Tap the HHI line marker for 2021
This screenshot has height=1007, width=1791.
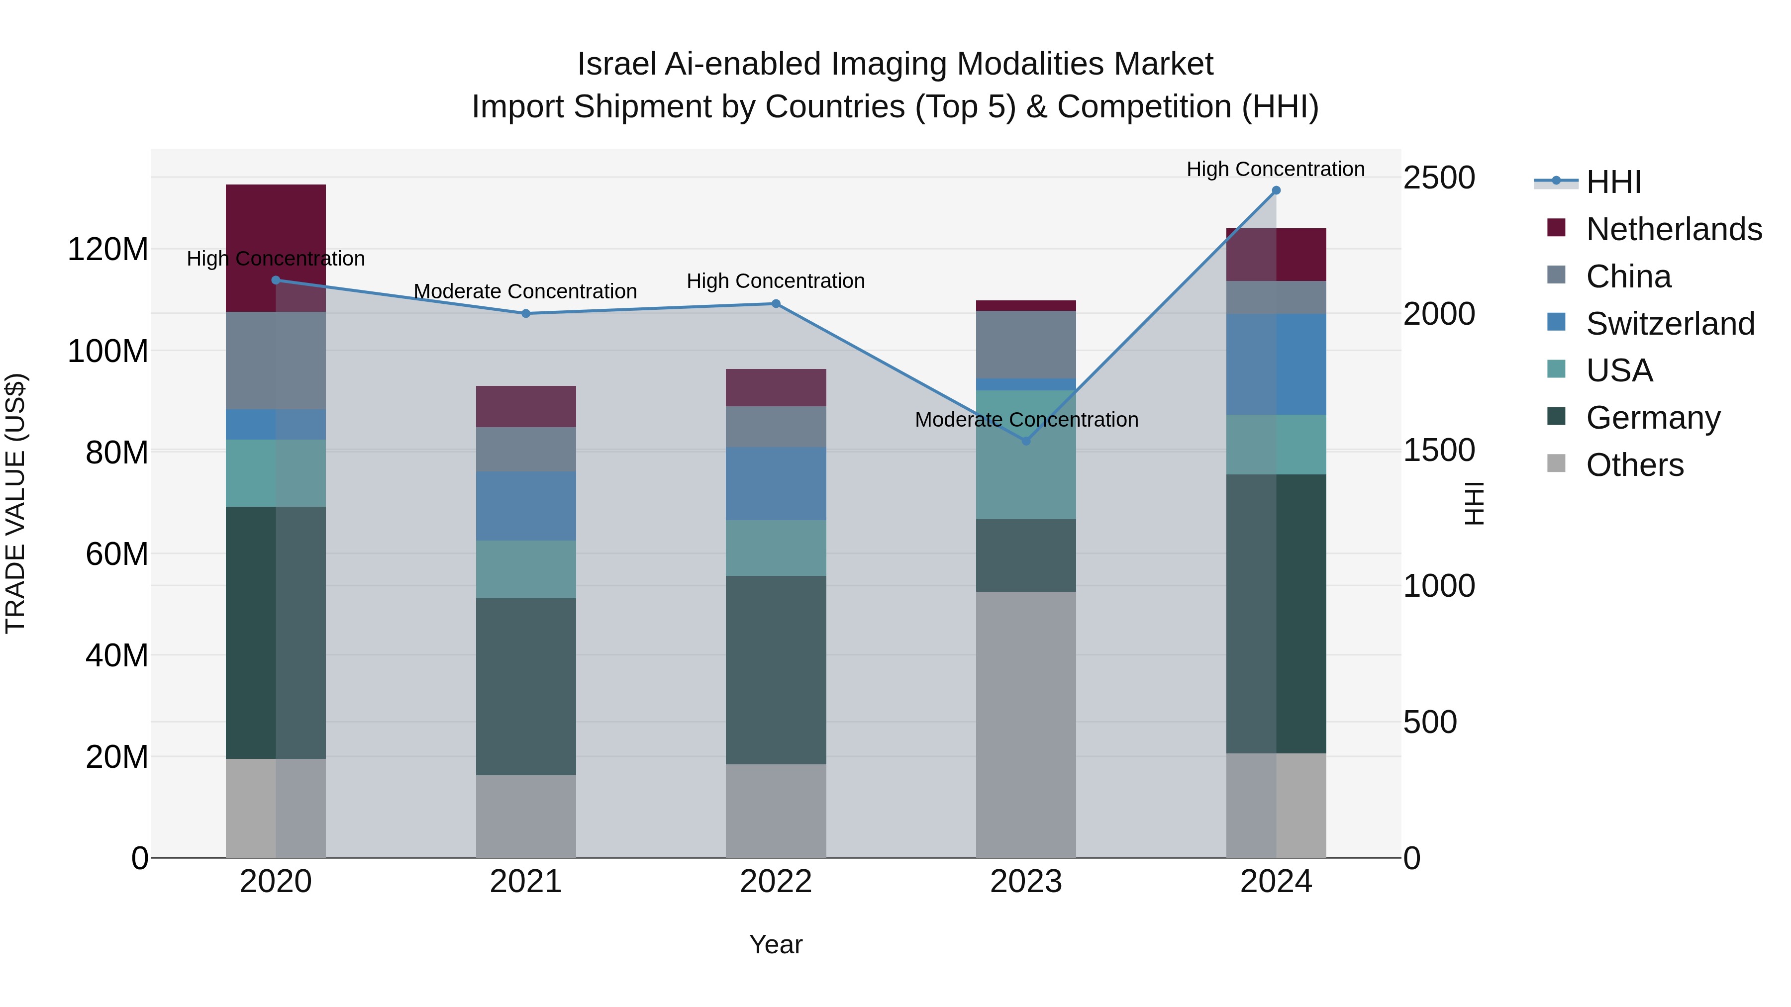coord(526,313)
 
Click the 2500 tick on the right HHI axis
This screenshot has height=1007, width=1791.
coord(1438,178)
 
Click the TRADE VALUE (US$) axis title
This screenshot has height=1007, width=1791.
coord(15,503)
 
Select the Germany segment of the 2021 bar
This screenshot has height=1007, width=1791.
coord(526,687)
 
